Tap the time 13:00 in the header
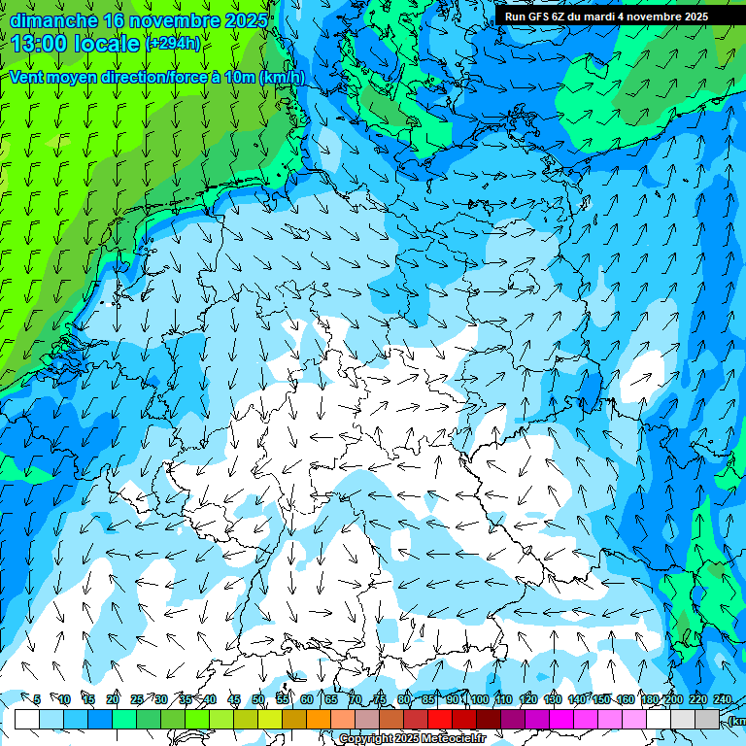(43, 43)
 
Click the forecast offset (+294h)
(174, 43)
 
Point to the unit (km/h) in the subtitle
(282, 77)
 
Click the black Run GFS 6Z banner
(606, 16)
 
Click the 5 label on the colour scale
(37, 699)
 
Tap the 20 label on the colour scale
(113, 699)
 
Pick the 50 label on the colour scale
(258, 699)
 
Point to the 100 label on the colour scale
(479, 699)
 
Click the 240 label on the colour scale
(723, 699)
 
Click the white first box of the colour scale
(27, 719)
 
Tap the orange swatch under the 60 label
(319, 719)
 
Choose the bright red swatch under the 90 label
(440, 719)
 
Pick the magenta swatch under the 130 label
(561, 719)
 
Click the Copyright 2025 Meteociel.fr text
(411, 738)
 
